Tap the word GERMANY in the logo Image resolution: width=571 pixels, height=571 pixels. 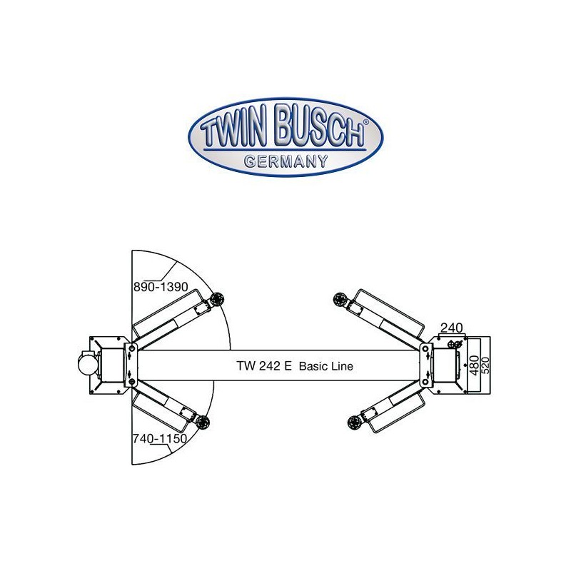tap(286, 161)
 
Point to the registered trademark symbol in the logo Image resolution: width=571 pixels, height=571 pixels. tap(366, 122)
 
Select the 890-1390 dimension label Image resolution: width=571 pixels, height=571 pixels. tap(161, 287)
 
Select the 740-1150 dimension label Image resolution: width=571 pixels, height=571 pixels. tap(159, 438)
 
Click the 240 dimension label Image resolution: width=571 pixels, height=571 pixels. tap(452, 328)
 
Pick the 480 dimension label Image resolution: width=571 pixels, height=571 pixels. tap(475, 365)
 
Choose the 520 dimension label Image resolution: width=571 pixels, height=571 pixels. tap(486, 365)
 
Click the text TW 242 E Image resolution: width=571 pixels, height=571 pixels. tap(264, 365)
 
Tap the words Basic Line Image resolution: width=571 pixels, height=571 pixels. tap(326, 366)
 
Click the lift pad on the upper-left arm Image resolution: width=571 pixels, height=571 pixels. tap(217, 299)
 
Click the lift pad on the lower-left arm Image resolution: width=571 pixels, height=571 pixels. tap(203, 423)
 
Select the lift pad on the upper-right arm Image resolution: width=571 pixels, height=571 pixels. tap(340, 299)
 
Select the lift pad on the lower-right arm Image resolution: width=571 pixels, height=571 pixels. tap(354, 423)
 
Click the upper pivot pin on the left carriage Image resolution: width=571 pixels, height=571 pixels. tap(132, 348)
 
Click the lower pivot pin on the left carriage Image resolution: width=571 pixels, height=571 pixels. tap(132, 382)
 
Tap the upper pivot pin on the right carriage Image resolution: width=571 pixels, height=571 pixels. tap(425, 348)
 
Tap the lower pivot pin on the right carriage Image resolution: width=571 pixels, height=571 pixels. tap(425, 382)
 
